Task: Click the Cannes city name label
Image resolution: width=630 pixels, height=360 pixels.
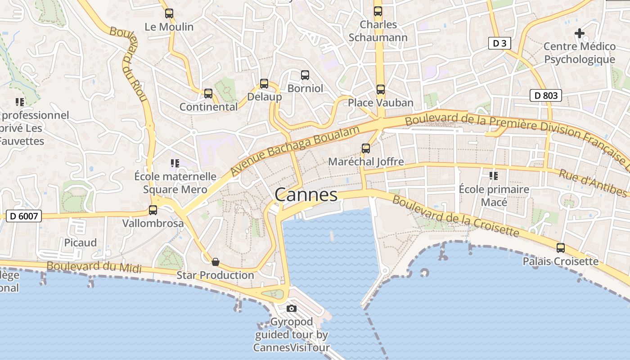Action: click(306, 195)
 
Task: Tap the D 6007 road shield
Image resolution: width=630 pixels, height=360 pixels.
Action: click(25, 216)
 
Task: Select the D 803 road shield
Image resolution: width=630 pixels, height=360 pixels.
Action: click(545, 95)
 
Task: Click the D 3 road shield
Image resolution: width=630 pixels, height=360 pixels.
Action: click(499, 43)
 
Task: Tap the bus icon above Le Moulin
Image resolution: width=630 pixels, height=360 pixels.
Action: click(169, 13)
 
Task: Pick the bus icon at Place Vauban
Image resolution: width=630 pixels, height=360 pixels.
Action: click(381, 90)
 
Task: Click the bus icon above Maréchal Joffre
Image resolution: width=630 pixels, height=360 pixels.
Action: click(366, 148)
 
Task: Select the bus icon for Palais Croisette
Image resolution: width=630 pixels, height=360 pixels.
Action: click(561, 248)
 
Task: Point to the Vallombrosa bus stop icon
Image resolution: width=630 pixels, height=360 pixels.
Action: click(153, 210)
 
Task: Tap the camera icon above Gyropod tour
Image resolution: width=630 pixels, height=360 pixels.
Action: click(292, 308)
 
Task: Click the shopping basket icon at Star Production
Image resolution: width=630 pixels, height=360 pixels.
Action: click(216, 262)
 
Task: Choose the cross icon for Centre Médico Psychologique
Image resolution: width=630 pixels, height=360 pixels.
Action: click(580, 33)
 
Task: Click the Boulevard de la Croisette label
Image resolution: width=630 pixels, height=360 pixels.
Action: click(455, 215)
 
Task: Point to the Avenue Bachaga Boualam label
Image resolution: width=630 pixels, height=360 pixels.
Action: click(295, 151)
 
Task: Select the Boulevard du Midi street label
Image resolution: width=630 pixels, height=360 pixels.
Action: click(94, 267)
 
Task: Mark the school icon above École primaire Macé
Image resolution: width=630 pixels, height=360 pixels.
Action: click(494, 176)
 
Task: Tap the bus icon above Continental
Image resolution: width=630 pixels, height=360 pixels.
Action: click(208, 94)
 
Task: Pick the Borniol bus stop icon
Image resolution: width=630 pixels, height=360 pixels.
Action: click(305, 75)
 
